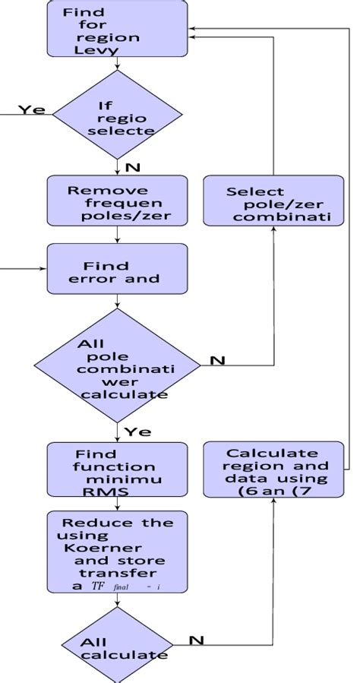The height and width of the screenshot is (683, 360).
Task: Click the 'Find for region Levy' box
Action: (x=116, y=29)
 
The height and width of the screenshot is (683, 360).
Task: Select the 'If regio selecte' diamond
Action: (x=116, y=115)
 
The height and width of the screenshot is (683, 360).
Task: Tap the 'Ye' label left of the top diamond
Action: (x=32, y=110)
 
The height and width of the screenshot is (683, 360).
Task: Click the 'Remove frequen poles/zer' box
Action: (x=116, y=201)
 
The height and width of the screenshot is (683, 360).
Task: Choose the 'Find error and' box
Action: (x=116, y=269)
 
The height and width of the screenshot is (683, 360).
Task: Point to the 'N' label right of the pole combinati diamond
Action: (x=217, y=360)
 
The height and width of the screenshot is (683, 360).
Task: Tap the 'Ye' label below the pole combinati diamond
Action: (x=137, y=432)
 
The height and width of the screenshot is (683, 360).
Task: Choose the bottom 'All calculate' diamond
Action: (x=116, y=647)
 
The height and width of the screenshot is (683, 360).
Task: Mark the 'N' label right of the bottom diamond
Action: (x=196, y=640)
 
